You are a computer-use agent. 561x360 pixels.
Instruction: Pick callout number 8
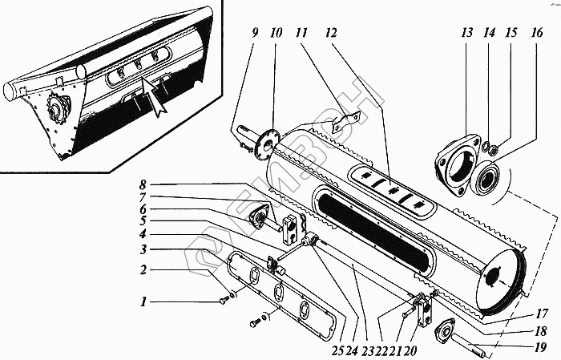[141, 184]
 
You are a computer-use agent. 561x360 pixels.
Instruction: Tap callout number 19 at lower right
[543, 347]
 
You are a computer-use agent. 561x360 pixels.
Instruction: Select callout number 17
[543, 313]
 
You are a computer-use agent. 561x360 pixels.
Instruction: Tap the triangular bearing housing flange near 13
[458, 165]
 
